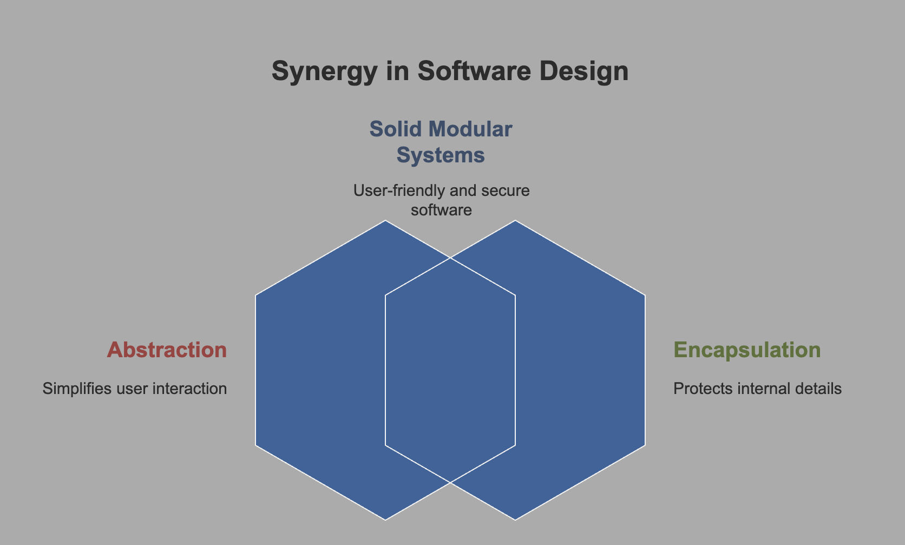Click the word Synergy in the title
point(324,72)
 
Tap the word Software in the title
point(474,71)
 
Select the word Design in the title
point(584,72)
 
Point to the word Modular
point(470,129)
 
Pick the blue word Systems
point(441,155)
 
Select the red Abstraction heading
point(167,350)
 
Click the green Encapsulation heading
point(747,350)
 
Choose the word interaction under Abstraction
point(189,388)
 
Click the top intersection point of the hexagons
point(450,258)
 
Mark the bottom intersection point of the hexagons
point(450,482)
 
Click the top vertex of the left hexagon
point(385,220)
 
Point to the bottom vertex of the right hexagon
point(515,520)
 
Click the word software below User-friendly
point(441,210)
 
